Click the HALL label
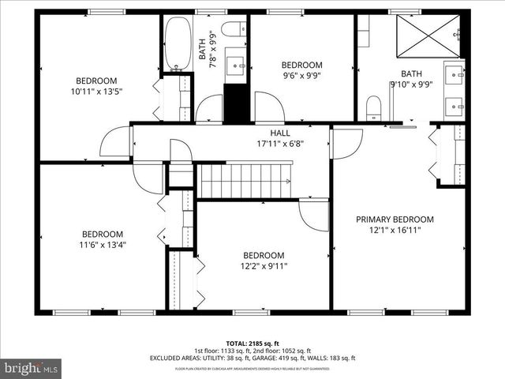(280, 133)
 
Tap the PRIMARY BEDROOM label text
(395, 220)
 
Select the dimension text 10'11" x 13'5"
(97, 91)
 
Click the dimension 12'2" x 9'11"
(264, 266)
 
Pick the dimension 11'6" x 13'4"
(103, 245)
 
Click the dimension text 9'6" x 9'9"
(302, 76)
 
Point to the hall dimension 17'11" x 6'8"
(280, 144)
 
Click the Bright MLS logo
(32, 368)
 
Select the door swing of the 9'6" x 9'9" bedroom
(268, 108)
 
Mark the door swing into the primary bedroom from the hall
(346, 143)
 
